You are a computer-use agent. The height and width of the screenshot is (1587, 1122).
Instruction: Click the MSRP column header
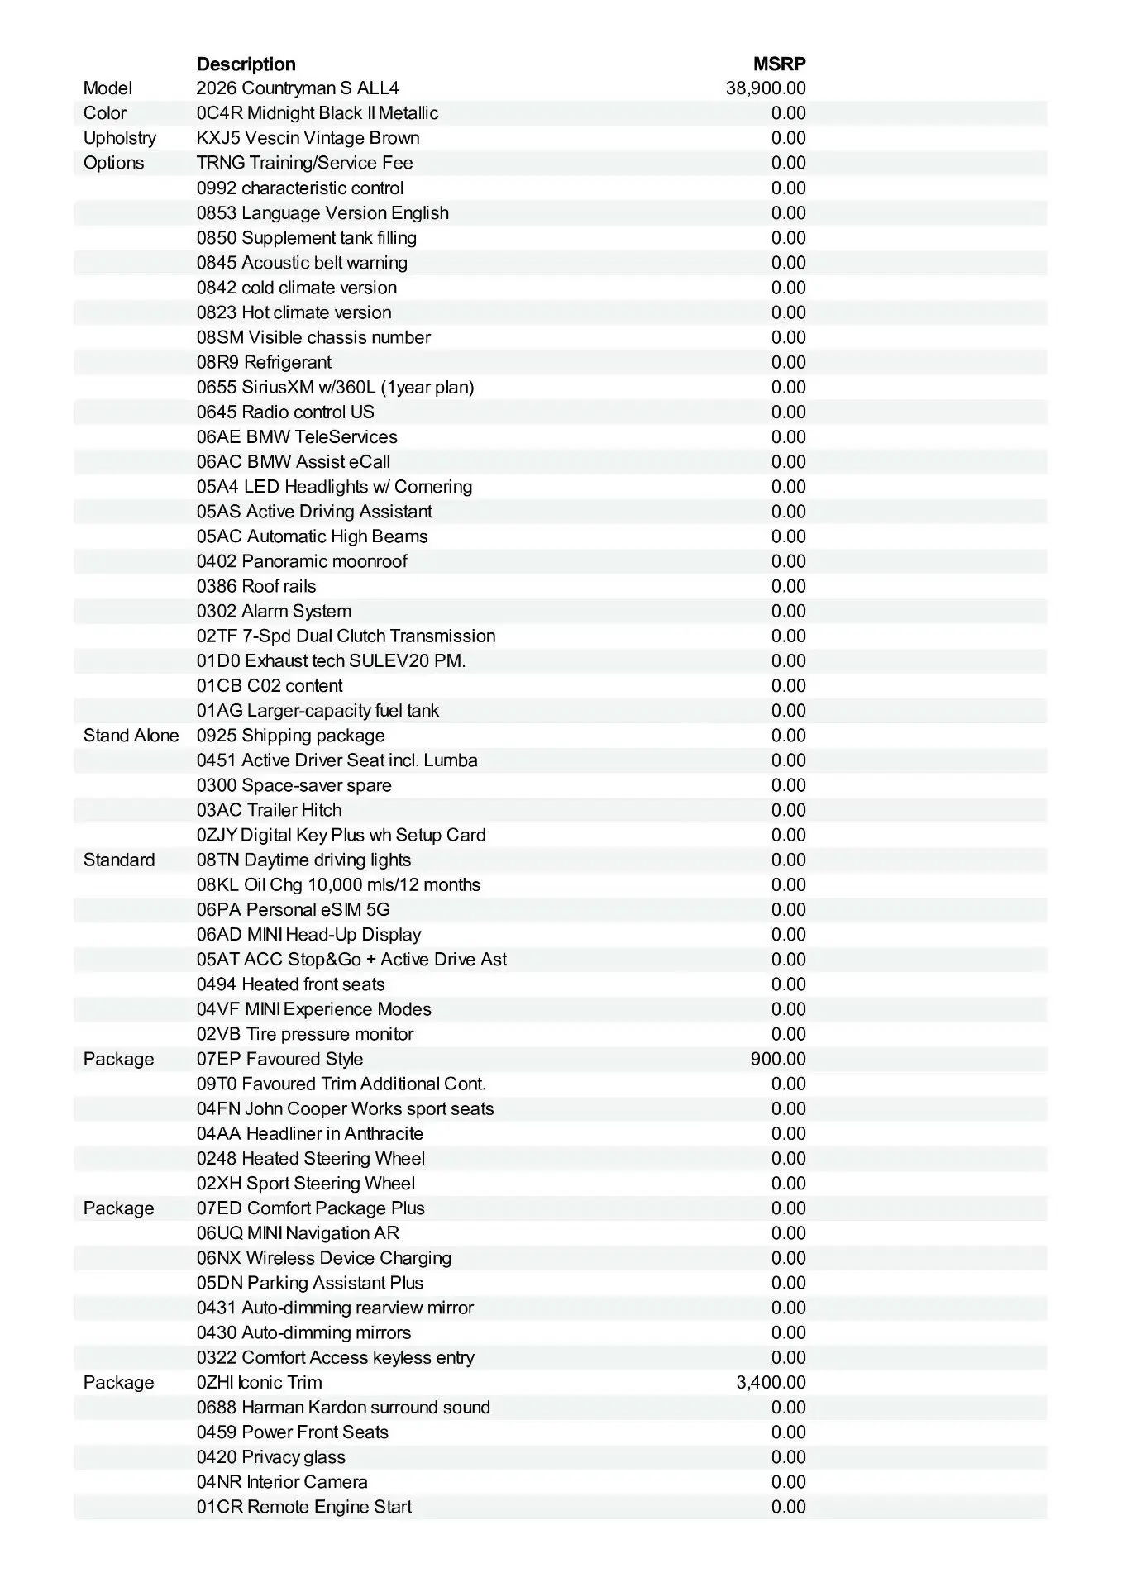[x=779, y=64]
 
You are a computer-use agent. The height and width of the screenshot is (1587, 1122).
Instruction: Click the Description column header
[x=246, y=64]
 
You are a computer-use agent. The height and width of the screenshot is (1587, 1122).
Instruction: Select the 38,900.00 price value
[x=765, y=88]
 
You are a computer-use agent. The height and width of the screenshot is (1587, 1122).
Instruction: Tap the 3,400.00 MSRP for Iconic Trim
[x=771, y=1382]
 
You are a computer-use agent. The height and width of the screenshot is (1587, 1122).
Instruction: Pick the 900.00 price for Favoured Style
[x=777, y=1059]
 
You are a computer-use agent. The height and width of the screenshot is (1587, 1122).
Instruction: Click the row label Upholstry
[x=120, y=138]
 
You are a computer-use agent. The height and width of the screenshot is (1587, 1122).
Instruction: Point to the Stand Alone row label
[x=131, y=736]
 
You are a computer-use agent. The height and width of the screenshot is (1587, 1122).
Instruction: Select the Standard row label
[x=119, y=860]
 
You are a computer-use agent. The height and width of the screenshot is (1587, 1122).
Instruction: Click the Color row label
[x=105, y=113]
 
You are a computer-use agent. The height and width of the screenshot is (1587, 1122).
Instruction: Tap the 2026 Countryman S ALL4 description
[x=298, y=88]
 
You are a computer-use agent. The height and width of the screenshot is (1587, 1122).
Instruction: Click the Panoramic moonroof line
[x=302, y=561]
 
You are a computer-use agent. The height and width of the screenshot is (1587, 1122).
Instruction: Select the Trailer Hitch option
[x=269, y=810]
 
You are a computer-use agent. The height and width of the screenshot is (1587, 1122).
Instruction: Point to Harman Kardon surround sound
[x=343, y=1407]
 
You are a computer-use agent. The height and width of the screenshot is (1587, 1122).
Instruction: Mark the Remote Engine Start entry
[x=303, y=1507]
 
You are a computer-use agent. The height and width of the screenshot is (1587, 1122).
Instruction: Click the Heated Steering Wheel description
[x=311, y=1158]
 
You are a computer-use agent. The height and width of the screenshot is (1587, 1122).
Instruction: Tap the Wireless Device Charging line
[x=324, y=1258]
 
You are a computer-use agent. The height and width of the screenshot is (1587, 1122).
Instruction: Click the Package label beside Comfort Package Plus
[x=118, y=1208]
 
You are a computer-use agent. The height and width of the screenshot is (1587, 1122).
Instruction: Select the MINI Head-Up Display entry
[x=308, y=934]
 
